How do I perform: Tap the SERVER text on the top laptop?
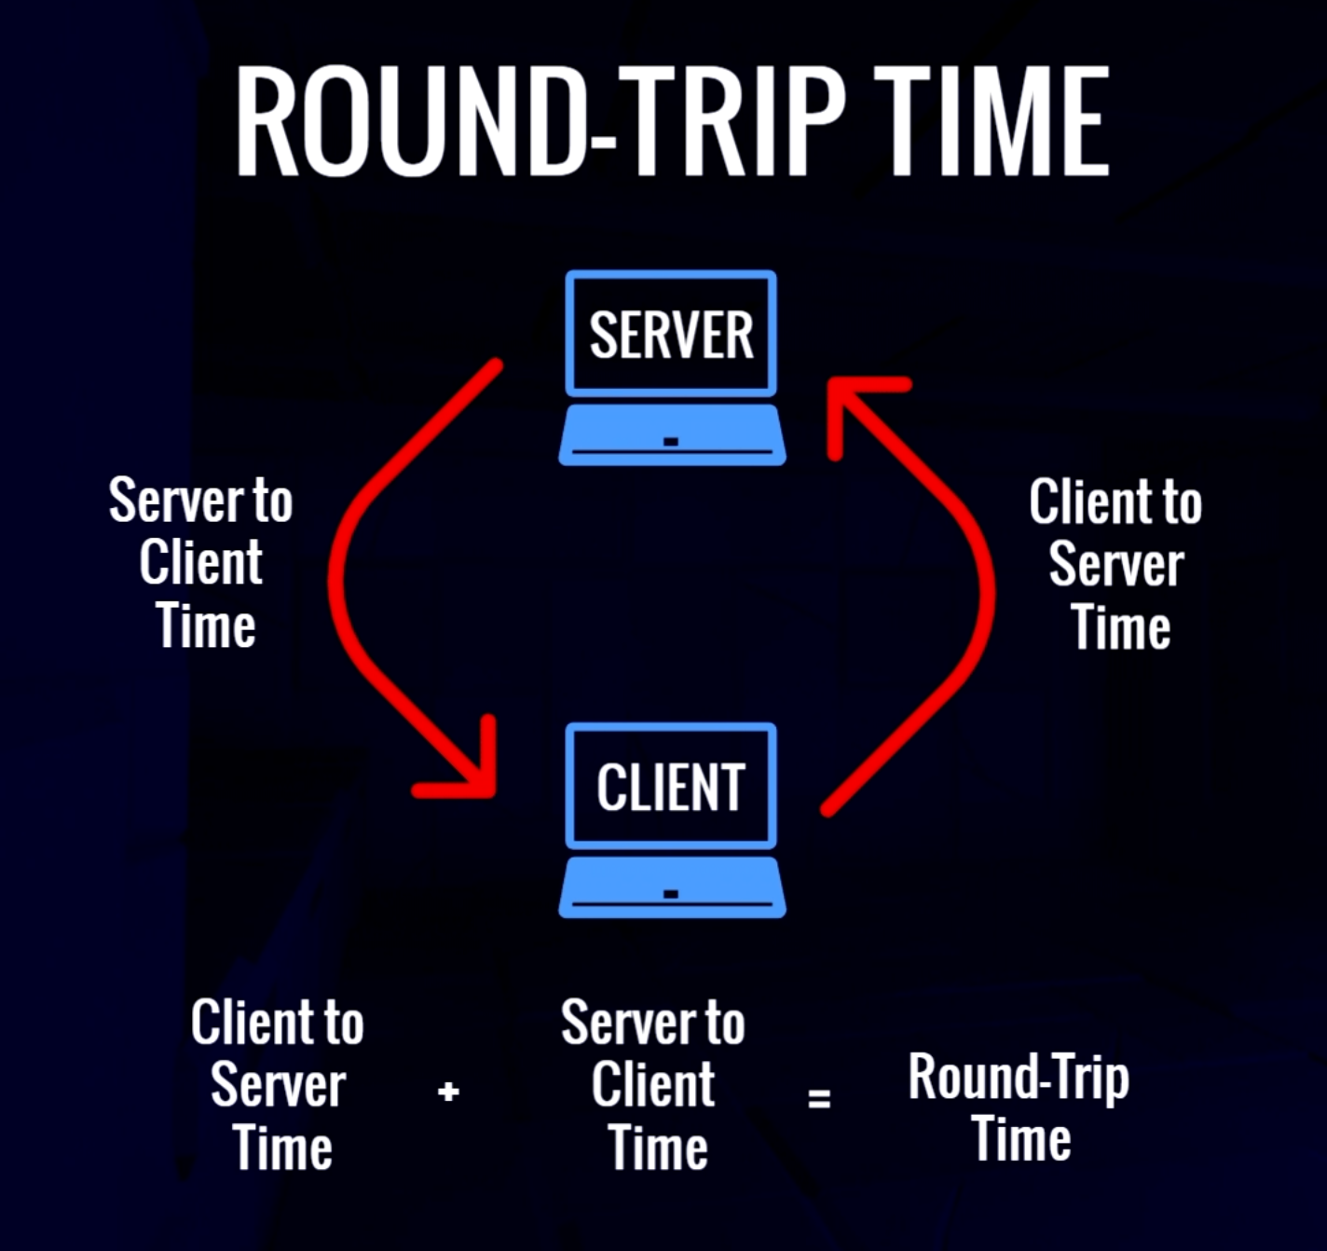[671, 335]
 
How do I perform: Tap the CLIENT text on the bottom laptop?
[671, 788]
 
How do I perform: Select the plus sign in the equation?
[448, 1091]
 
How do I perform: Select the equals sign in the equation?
[819, 1097]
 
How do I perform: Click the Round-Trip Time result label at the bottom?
[1019, 1107]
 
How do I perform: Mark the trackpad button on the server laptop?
[671, 441]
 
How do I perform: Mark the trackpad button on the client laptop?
[671, 894]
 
